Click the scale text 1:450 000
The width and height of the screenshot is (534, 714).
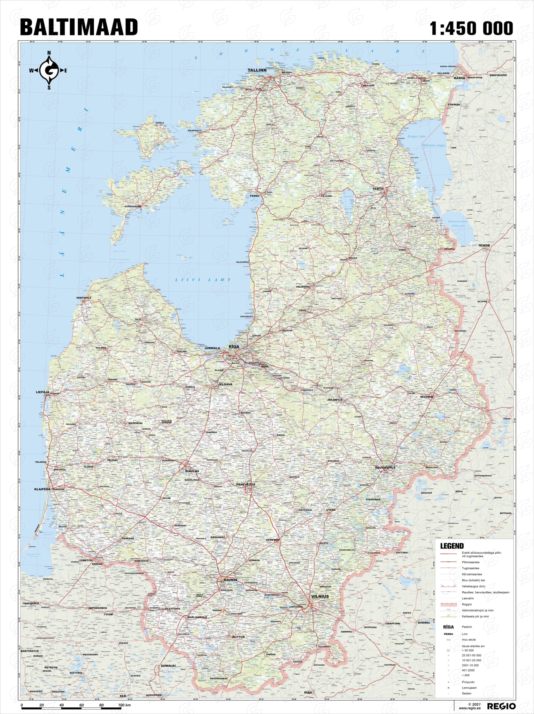pyautogui.click(x=471, y=28)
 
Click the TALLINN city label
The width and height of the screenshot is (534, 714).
pyautogui.click(x=257, y=70)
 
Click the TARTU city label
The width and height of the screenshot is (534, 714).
pyautogui.click(x=379, y=189)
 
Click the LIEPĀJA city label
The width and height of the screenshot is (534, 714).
pyautogui.click(x=43, y=392)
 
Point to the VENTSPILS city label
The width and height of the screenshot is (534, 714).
pyautogui.click(x=84, y=298)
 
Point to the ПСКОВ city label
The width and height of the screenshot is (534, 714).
pyautogui.click(x=485, y=245)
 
